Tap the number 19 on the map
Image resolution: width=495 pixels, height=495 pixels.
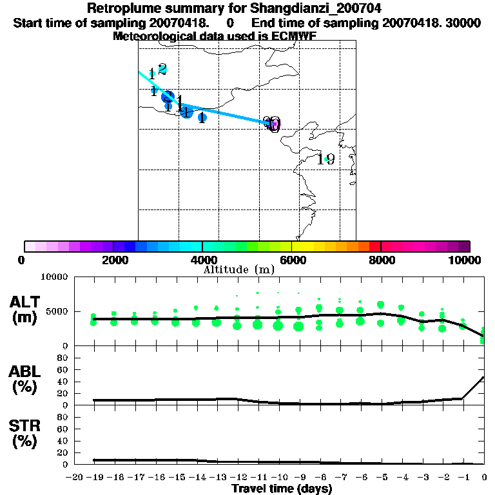[325, 159]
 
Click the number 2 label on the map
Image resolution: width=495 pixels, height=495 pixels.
[162, 69]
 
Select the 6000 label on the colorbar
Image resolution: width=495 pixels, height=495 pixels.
[291, 260]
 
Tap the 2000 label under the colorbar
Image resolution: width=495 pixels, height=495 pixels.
[113, 260]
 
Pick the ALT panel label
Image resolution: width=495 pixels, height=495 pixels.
[25, 302]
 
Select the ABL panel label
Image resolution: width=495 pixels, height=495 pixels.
[25, 372]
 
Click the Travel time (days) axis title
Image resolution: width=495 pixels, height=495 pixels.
[282, 489]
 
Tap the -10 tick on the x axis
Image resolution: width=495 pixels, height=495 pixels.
[278, 478]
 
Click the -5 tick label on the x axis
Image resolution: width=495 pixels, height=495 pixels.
[382, 478]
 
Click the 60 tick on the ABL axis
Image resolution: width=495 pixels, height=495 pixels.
[64, 369]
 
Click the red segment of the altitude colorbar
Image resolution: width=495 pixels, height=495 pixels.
[374, 246]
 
